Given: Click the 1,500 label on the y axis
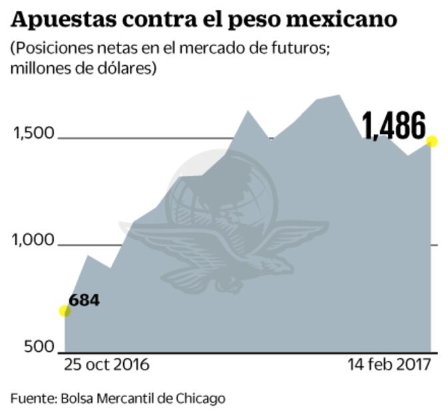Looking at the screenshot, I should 33,133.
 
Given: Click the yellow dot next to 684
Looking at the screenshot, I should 65,311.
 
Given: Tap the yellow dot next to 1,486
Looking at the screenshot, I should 432,141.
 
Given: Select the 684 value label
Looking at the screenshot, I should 85,300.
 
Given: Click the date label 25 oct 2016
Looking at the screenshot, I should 107,365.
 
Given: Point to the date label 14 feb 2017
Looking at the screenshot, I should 389,365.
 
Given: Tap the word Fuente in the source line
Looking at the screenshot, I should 33,398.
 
